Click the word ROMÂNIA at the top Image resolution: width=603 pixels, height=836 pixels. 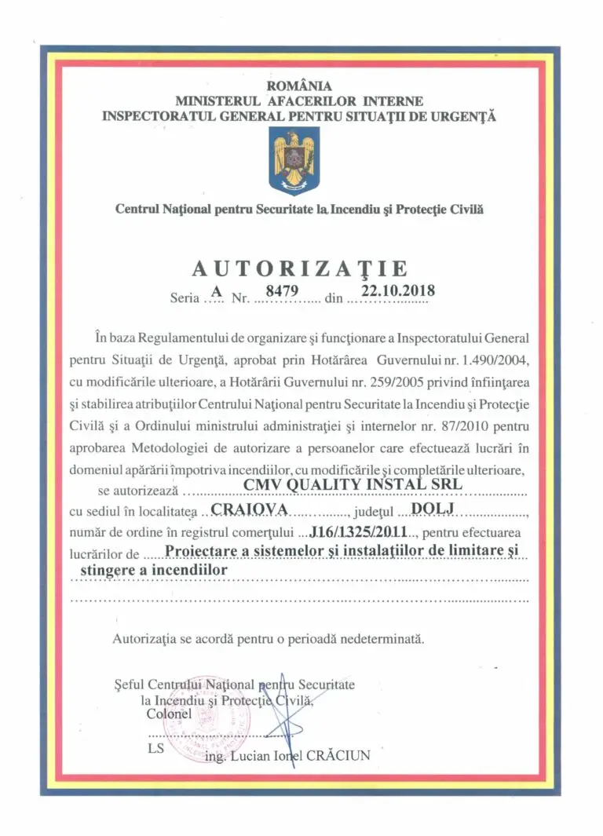pos(299,86)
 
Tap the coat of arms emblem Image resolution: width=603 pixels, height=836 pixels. pos(294,161)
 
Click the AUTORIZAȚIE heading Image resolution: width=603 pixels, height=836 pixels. pos(300,268)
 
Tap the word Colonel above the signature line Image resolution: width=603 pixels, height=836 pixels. pos(169,714)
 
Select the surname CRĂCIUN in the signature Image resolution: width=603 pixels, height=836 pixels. pos(338,756)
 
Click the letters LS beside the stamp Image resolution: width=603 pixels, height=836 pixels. pos(155,748)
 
